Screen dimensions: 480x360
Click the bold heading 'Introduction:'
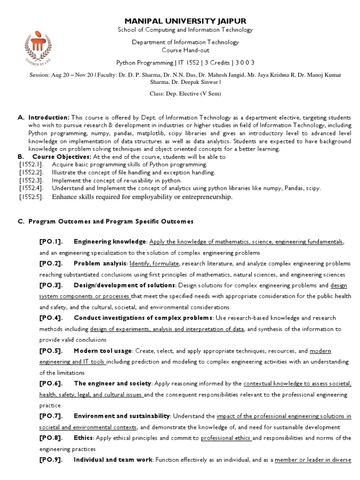[49, 117]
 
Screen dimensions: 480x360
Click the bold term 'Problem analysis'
[100, 263]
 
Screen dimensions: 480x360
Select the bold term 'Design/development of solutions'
[124, 285]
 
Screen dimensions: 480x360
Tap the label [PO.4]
[51, 318]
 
